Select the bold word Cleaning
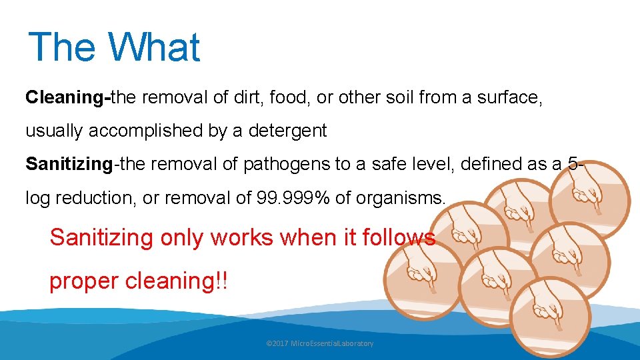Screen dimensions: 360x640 (x=65, y=98)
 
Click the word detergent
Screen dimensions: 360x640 (x=287, y=131)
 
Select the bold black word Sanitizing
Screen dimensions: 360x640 (x=68, y=165)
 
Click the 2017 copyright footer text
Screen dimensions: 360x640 (x=319, y=343)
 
